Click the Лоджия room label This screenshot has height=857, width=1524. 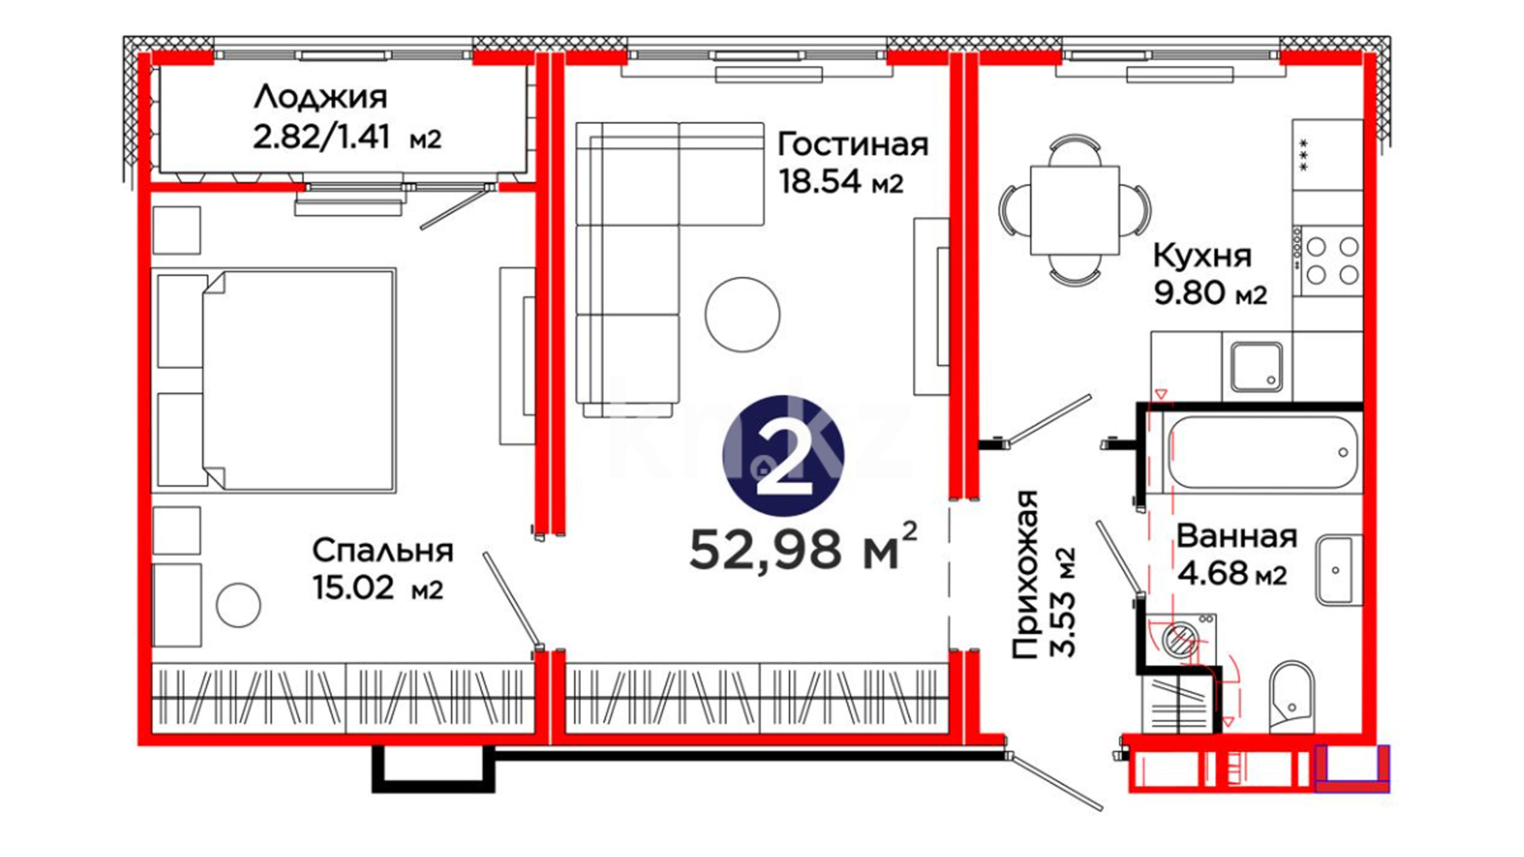pyautogui.click(x=321, y=98)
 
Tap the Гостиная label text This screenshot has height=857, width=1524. pyautogui.click(x=852, y=144)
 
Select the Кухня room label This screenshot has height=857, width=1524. pyautogui.click(x=1202, y=256)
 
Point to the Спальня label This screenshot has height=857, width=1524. pyautogui.click(x=383, y=551)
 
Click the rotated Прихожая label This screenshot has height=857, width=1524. pyautogui.click(x=1026, y=575)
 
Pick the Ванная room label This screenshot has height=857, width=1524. pyautogui.click(x=1236, y=536)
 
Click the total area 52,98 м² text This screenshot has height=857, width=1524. pyautogui.click(x=803, y=548)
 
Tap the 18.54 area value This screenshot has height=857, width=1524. pyautogui.click(x=820, y=182)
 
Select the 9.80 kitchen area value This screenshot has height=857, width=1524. pyautogui.click(x=1189, y=294)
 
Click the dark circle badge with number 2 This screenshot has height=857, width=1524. pyautogui.click(x=783, y=455)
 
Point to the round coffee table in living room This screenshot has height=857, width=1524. pyautogui.click(x=742, y=314)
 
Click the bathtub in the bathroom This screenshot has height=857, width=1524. pyautogui.click(x=1263, y=452)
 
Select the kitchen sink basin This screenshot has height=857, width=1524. pyautogui.click(x=1257, y=367)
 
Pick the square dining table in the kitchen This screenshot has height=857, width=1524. pyautogui.click(x=1075, y=210)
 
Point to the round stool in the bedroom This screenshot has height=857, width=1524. pyautogui.click(x=238, y=605)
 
